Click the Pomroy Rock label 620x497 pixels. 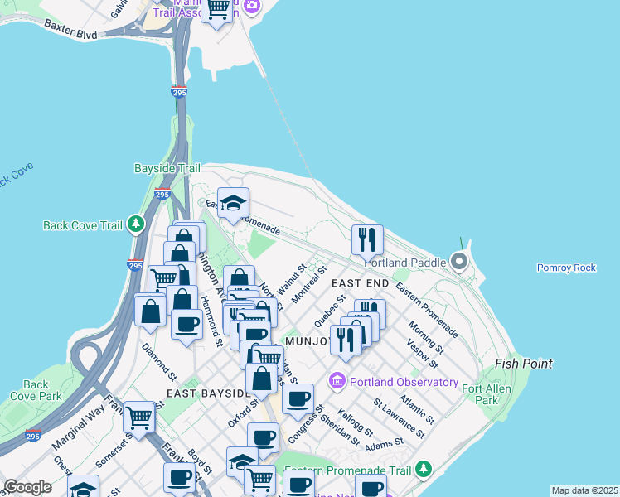(x=567, y=268)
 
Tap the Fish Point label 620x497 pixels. (x=523, y=364)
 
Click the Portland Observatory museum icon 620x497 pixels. (x=337, y=382)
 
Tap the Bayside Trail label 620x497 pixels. (x=167, y=168)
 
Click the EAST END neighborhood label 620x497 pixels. (x=361, y=283)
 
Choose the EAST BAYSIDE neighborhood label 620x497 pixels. (x=205, y=393)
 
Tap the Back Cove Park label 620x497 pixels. (x=36, y=390)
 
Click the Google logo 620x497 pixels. (x=27, y=487)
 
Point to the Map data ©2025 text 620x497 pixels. (x=584, y=490)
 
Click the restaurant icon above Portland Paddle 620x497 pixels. (x=367, y=240)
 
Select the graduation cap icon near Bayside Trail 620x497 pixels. (x=234, y=203)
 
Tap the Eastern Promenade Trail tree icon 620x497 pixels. (x=423, y=470)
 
